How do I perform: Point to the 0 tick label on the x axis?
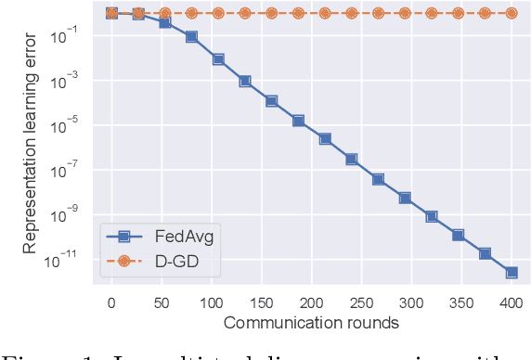(x=111, y=303)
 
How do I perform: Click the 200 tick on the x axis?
(x=312, y=303)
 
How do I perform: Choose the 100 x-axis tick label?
(x=212, y=303)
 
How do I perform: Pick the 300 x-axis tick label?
(x=411, y=303)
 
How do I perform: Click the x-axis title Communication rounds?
(x=311, y=323)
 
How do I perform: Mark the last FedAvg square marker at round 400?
(x=512, y=273)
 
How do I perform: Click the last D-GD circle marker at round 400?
(x=512, y=13)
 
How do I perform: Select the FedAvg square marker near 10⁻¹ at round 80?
(x=191, y=36)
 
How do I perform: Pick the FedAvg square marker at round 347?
(x=458, y=236)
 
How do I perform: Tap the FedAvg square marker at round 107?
(x=218, y=58)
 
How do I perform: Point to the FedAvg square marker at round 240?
(x=352, y=159)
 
